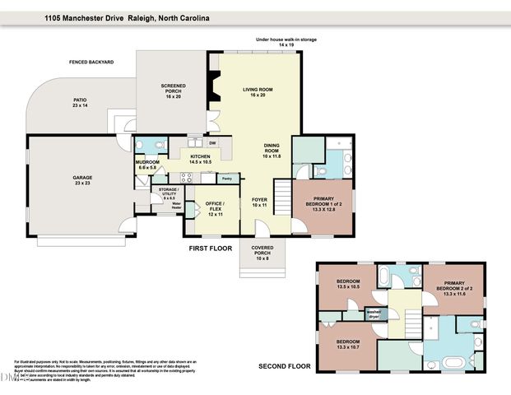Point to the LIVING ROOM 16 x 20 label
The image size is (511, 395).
click(258, 92)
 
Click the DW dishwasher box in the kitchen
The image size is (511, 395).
click(211, 143)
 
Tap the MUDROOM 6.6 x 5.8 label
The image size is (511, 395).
click(150, 165)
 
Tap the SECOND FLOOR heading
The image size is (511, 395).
click(284, 365)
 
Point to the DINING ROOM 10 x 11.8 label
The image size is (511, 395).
click(271, 150)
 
